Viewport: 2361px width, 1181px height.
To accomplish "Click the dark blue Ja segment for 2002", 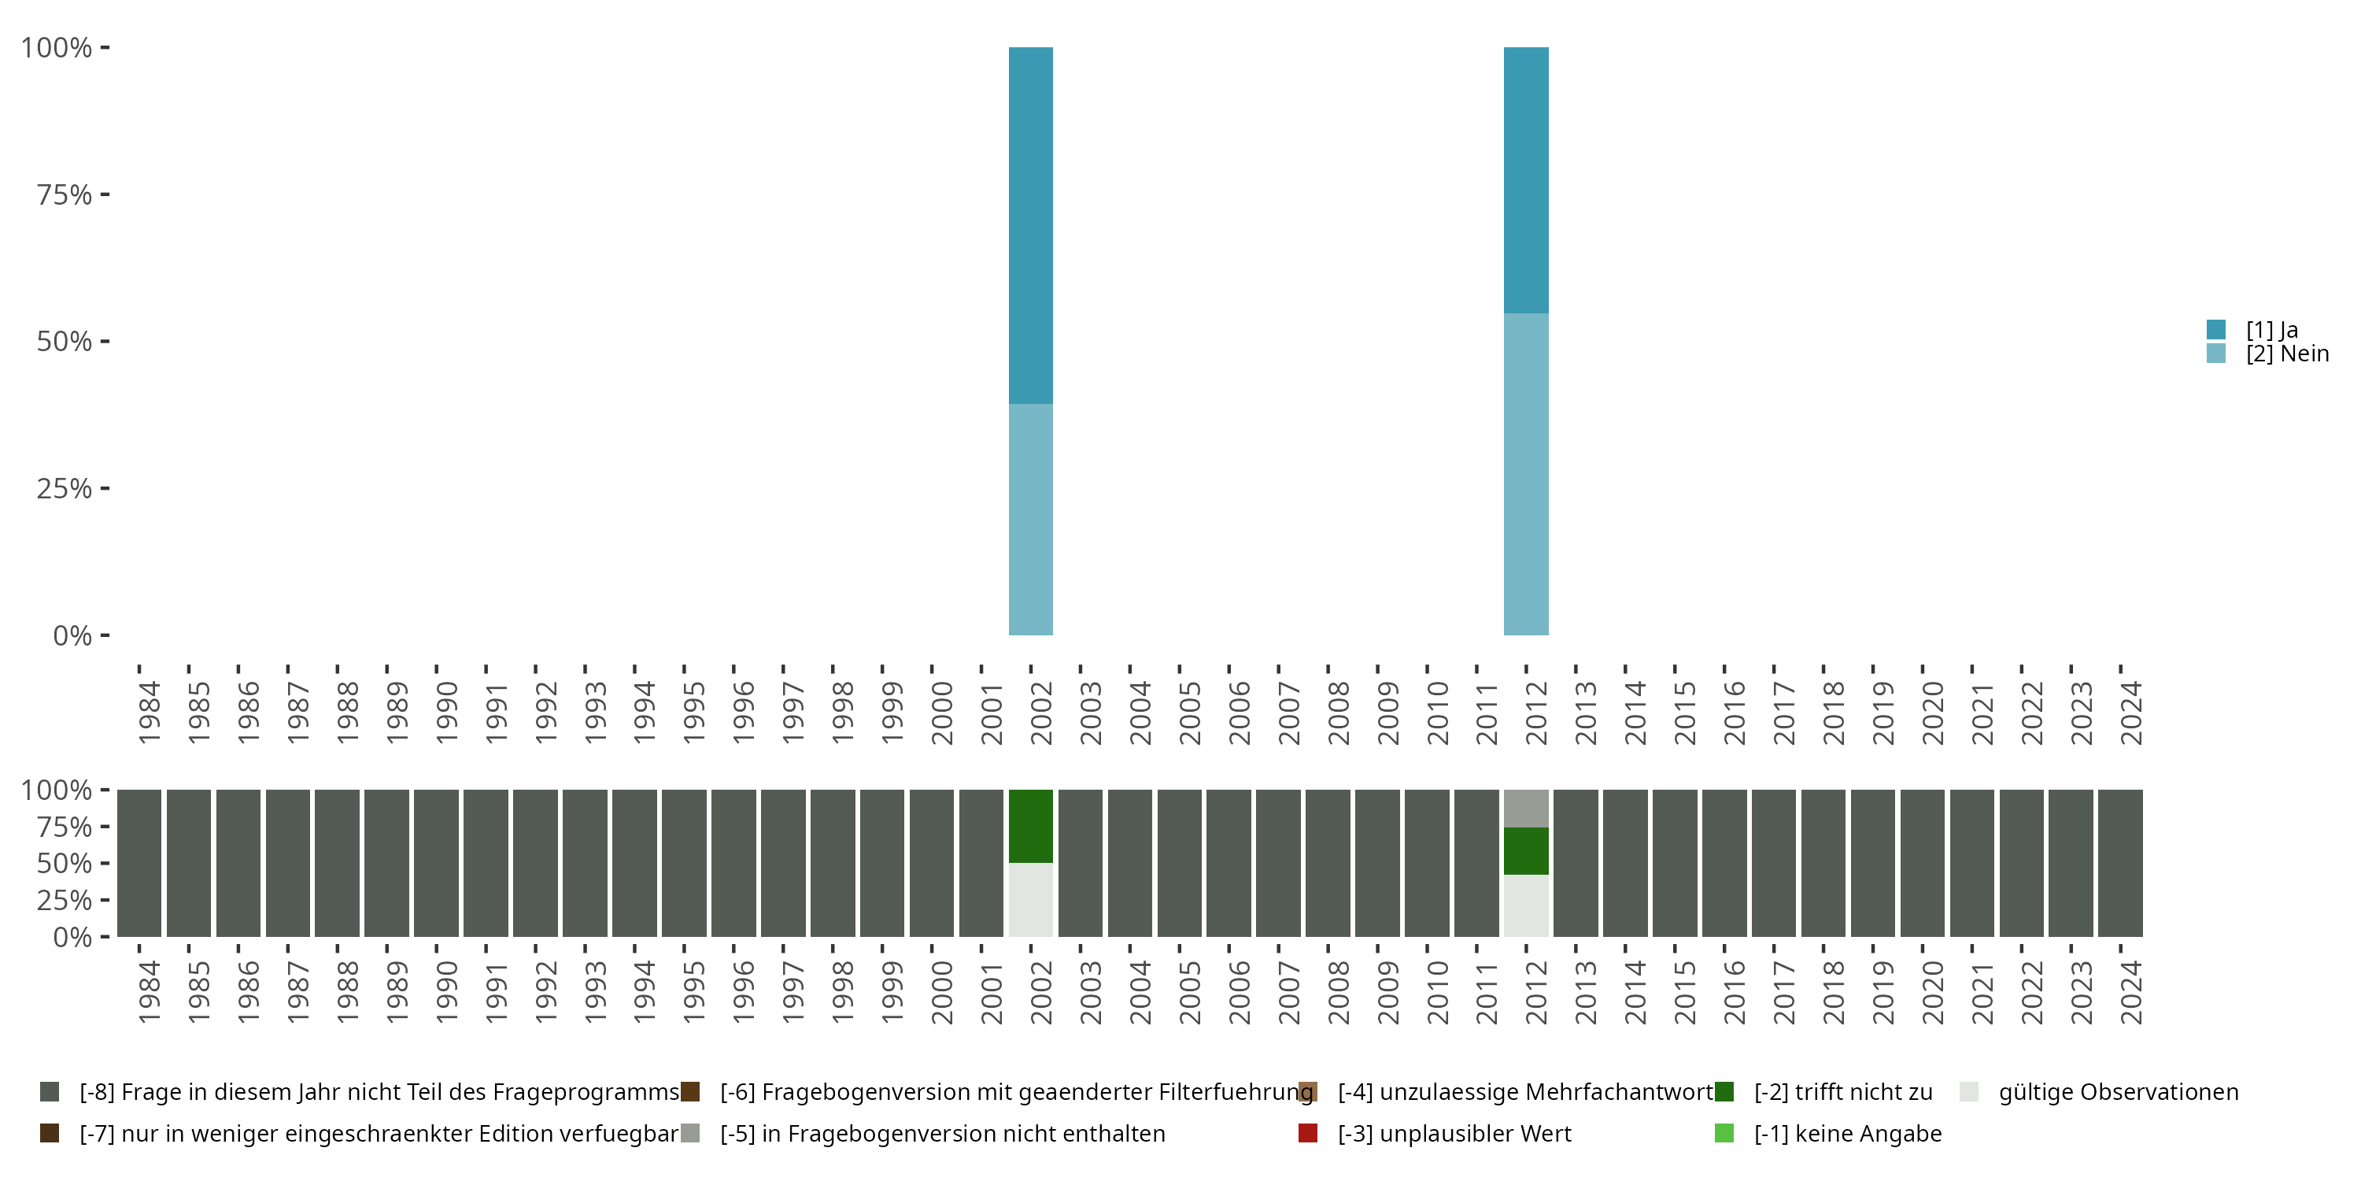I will tap(1030, 224).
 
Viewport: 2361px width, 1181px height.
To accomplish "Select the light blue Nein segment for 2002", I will tap(1030, 519).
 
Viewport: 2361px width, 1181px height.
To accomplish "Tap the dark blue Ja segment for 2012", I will tap(1526, 180).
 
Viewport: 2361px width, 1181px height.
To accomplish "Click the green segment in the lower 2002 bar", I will tap(1030, 825).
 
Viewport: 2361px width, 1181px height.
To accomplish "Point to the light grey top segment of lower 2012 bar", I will tap(1526, 808).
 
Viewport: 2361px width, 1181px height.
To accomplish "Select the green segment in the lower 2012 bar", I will tap(1526, 851).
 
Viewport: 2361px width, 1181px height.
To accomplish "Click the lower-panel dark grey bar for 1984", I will tap(139, 863).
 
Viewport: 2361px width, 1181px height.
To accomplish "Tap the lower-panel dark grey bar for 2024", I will tap(2120, 863).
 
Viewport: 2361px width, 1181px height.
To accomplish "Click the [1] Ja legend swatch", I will tap(2216, 329).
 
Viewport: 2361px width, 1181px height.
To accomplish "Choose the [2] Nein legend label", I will tap(2287, 354).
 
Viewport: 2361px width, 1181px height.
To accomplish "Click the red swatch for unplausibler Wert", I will tap(1308, 1133).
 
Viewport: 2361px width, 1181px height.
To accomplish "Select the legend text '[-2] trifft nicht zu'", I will tap(1843, 1092).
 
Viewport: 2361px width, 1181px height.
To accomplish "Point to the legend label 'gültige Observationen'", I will tap(2118, 1092).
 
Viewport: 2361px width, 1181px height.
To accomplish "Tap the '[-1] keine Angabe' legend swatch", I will tap(1724, 1133).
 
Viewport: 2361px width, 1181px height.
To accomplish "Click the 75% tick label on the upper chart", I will tap(65, 194).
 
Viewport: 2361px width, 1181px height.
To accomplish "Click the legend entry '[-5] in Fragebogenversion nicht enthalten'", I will tap(942, 1133).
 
